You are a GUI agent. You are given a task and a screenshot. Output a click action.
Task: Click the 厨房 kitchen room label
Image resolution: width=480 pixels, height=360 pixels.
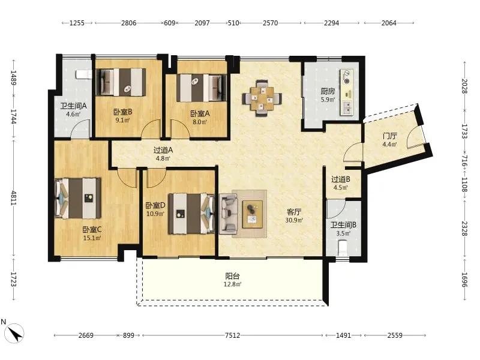point(328,91)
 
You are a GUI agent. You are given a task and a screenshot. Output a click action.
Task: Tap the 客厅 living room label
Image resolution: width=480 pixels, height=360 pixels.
point(294,212)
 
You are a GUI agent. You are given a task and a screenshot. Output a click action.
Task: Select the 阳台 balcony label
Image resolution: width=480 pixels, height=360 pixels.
point(232,276)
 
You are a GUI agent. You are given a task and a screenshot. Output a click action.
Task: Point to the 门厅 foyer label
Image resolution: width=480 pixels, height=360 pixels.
point(389,136)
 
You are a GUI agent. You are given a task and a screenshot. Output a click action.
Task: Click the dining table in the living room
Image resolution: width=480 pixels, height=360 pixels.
point(262,98)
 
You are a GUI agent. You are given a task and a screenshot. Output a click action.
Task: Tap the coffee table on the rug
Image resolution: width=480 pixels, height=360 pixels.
point(253,214)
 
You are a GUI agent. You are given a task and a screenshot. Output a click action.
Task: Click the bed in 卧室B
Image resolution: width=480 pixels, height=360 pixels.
point(121,82)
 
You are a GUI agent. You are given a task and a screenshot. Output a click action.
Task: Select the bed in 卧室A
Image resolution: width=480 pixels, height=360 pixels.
point(202,88)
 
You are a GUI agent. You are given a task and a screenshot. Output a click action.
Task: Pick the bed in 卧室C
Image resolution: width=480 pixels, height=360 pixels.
point(78,199)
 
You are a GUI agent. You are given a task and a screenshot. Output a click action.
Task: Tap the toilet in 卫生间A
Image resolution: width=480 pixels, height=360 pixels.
point(84,74)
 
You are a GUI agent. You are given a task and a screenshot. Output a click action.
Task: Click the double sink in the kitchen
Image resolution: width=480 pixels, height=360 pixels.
point(347,108)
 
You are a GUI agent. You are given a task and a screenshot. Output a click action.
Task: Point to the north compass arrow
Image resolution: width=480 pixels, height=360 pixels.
point(14,333)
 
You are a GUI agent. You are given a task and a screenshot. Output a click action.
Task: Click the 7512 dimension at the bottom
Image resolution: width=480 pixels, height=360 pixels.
point(232,335)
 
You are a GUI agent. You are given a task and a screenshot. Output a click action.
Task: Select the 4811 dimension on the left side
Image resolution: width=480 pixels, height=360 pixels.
point(13,198)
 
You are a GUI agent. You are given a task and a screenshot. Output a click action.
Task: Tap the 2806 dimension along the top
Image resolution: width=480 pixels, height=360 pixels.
point(128,23)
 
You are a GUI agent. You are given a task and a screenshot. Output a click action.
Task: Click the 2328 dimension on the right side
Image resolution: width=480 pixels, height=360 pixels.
point(464,229)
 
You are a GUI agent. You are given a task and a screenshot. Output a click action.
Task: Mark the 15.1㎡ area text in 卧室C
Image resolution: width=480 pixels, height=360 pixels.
point(92,238)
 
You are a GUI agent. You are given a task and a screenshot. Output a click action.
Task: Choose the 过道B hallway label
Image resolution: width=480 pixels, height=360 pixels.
point(341,179)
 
